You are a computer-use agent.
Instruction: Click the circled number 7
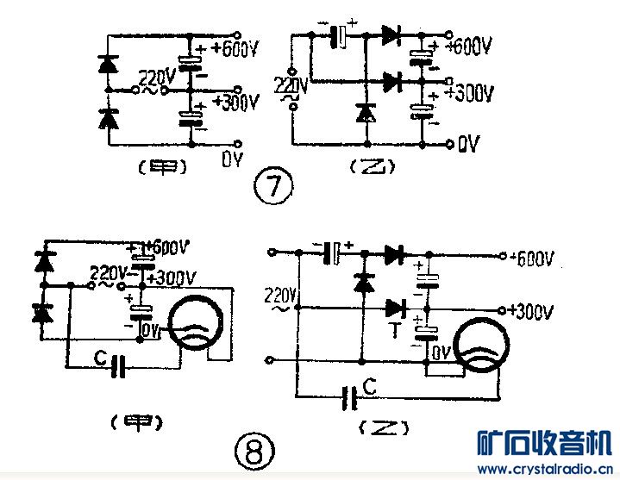[275, 186]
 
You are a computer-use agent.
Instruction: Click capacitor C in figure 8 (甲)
[121, 365]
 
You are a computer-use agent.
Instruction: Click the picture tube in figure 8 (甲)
[199, 325]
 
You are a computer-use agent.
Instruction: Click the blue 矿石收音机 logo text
[543, 444]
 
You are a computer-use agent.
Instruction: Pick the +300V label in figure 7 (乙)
[470, 92]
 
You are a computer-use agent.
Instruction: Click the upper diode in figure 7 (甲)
[108, 64]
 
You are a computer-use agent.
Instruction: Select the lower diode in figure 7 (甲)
[108, 119]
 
